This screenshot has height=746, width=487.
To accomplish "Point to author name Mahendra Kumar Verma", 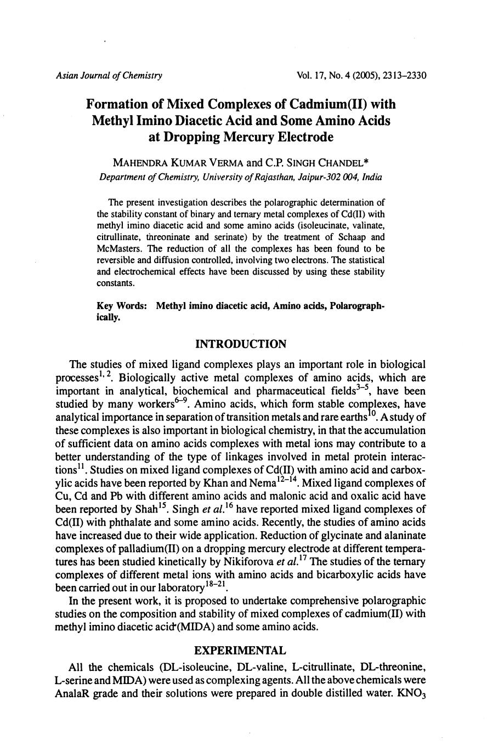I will [x=177, y=163].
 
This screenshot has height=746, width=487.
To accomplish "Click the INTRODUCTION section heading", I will [x=241, y=344].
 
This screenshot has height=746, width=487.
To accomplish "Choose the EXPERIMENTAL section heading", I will [x=241, y=651].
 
